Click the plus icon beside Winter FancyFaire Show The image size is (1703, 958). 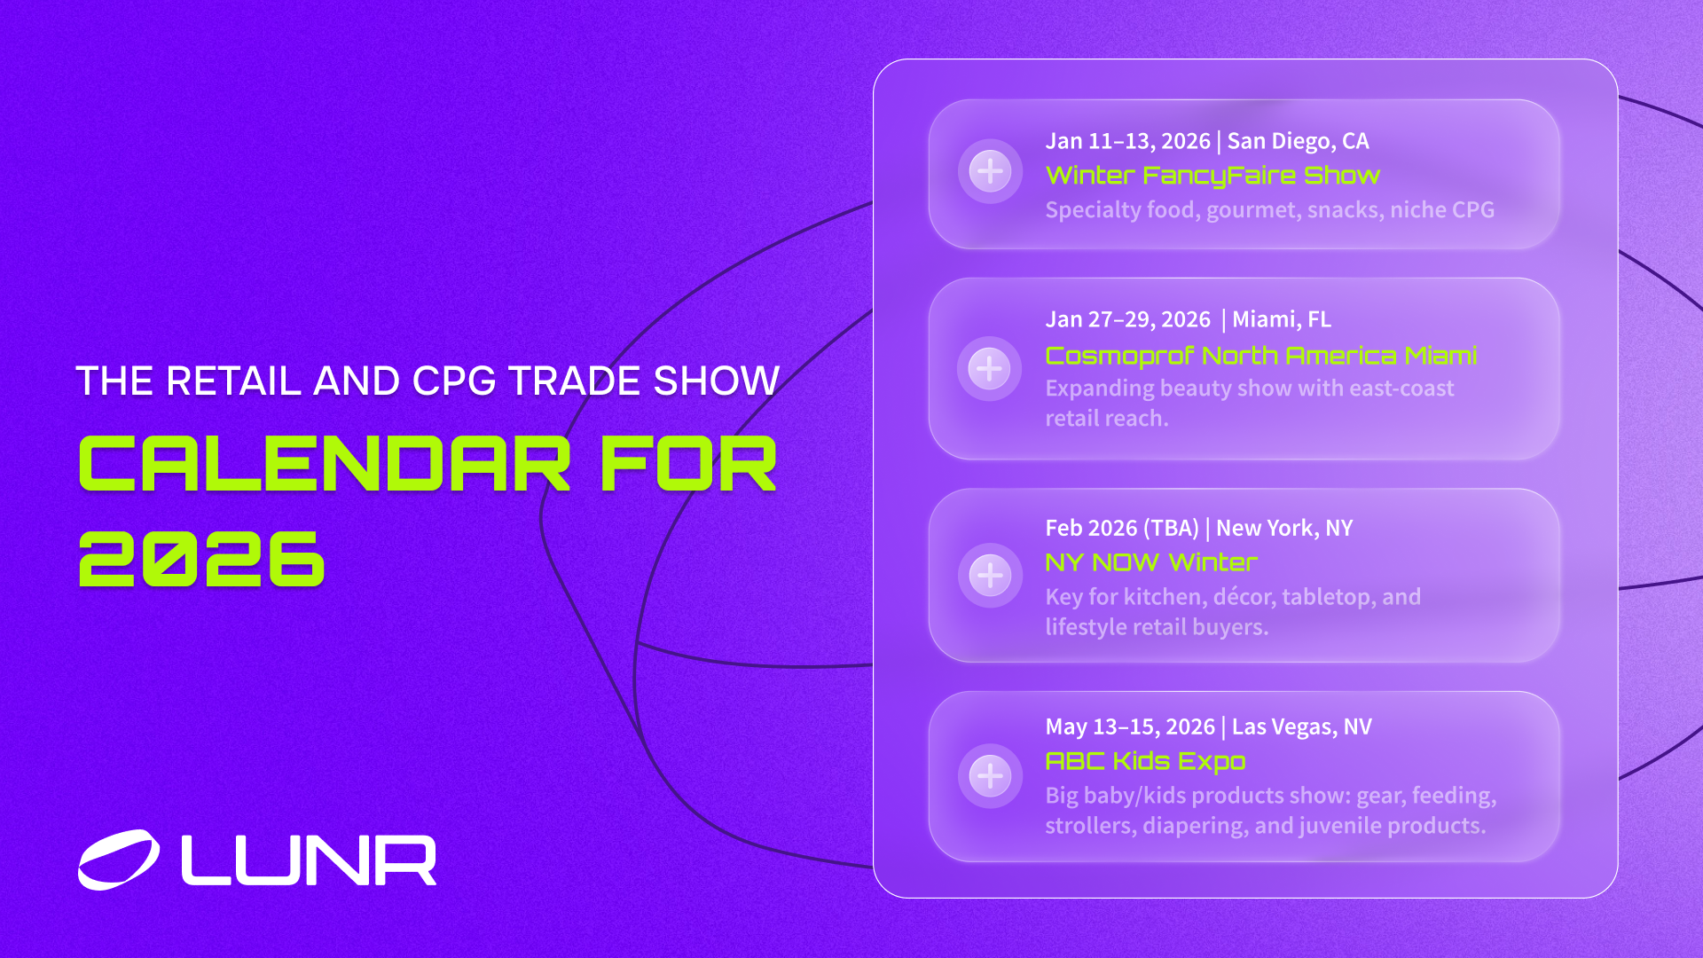pos(990,171)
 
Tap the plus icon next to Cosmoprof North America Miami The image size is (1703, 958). pos(989,368)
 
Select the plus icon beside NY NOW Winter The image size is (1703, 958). pos(990,575)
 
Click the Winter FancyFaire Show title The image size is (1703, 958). pos(1213,176)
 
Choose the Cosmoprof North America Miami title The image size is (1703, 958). pos(1260,356)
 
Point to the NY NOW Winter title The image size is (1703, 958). pos(1150,562)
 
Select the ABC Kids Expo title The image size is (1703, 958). pos(1145,761)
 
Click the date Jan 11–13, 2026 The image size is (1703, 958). pos(1127,141)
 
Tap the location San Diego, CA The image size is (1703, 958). pos(1298,141)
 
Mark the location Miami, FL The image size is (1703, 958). pos(1282,319)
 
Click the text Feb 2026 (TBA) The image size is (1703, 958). pos(1122,528)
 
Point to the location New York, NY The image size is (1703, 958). pos(1284,528)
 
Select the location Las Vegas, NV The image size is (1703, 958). pos(1301,726)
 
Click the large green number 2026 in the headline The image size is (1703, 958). pos(202,559)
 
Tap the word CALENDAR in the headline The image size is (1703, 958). pos(325,464)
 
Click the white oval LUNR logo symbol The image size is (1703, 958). pos(119,859)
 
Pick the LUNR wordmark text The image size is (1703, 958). pos(309,860)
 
